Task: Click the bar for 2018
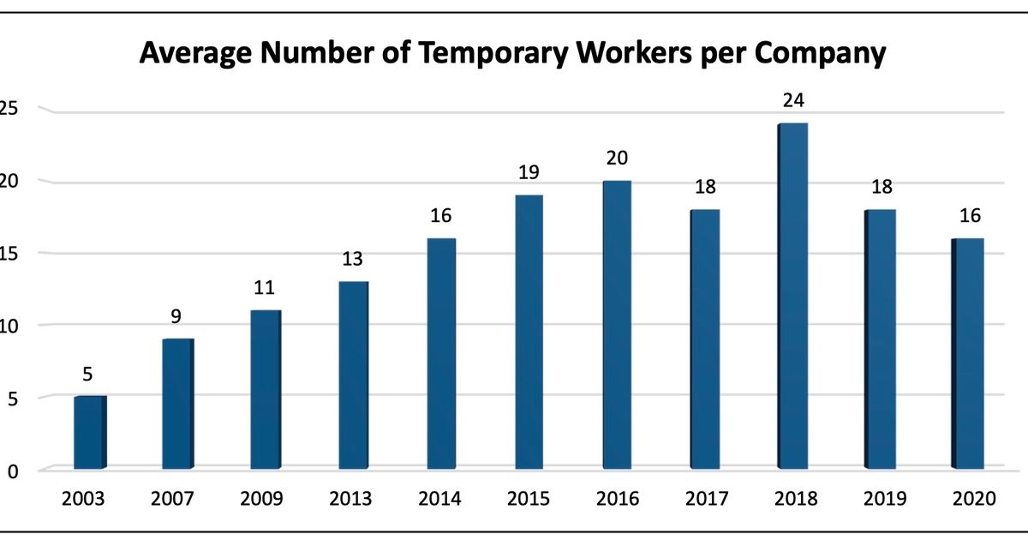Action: point(792,296)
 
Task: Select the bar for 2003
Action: point(90,432)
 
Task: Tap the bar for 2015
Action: point(529,332)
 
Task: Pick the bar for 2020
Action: point(969,353)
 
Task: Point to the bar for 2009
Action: point(266,389)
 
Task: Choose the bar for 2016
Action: point(617,325)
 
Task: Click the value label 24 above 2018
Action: point(792,100)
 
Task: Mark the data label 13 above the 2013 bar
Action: point(353,258)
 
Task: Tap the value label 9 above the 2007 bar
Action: point(177,316)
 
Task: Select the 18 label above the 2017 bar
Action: point(705,187)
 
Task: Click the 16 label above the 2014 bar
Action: point(441,215)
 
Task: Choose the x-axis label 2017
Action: point(705,499)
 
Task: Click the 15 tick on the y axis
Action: point(9,253)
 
